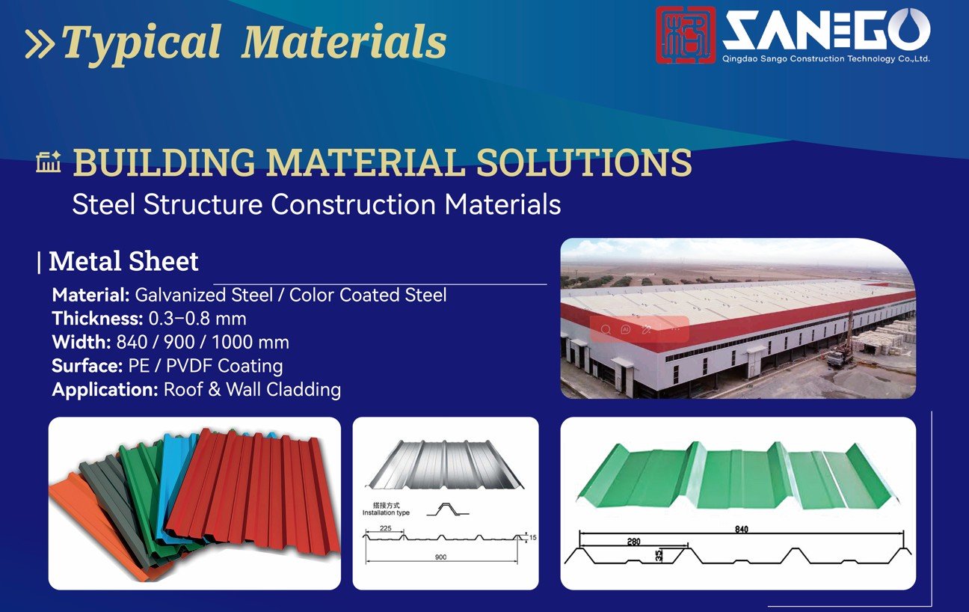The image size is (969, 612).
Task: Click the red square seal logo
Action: click(x=685, y=34)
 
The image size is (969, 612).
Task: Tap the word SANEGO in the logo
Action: click(x=827, y=30)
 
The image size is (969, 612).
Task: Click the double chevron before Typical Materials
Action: click(x=40, y=43)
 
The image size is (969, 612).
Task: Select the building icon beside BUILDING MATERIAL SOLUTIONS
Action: click(x=49, y=162)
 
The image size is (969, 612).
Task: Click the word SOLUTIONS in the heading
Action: click(x=584, y=162)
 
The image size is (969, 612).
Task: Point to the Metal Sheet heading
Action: click(x=123, y=261)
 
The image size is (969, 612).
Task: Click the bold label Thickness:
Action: click(x=97, y=319)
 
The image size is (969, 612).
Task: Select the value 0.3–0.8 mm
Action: click(x=197, y=319)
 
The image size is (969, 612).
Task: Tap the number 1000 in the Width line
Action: click(x=235, y=343)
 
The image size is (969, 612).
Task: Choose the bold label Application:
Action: click(x=105, y=390)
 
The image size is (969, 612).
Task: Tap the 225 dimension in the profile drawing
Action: click(x=386, y=528)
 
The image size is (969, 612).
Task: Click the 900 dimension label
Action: click(x=440, y=557)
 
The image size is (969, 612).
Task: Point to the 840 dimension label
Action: click(x=742, y=529)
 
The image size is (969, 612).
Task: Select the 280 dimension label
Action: click(x=633, y=541)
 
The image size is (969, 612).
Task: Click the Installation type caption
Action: click(x=386, y=513)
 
